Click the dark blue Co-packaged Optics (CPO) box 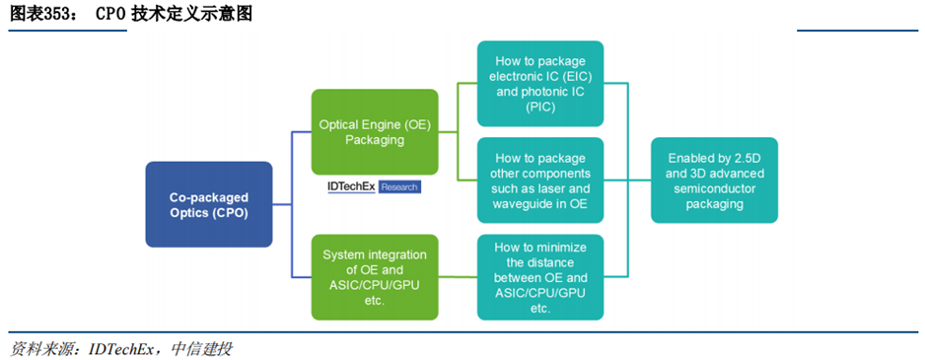(x=209, y=204)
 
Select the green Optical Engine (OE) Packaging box (x=375, y=132)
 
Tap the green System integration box (x=375, y=277)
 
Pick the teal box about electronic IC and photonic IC (x=539, y=84)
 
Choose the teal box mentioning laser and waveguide (x=539, y=180)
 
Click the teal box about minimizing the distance (x=539, y=277)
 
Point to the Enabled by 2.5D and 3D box (x=714, y=180)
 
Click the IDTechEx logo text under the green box (x=352, y=187)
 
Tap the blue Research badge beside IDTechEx (x=399, y=187)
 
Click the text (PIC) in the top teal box (x=540, y=107)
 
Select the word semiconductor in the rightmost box (x=714, y=188)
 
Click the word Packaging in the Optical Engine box (x=375, y=140)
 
